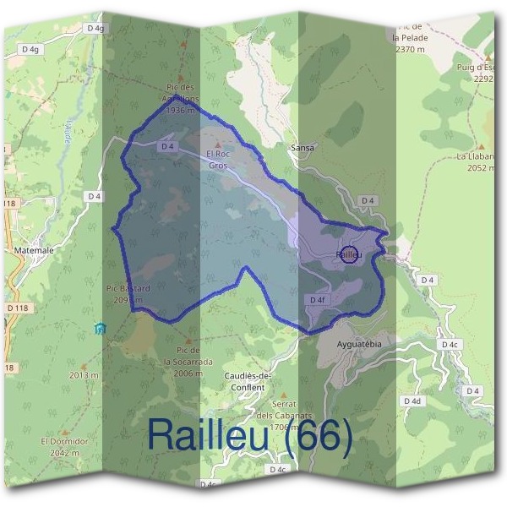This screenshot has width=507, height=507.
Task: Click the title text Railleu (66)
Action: (x=249, y=434)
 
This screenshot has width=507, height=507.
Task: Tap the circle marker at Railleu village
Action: (x=349, y=253)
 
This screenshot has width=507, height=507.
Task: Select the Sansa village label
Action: (x=302, y=147)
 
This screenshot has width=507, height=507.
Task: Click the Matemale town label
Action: (x=35, y=250)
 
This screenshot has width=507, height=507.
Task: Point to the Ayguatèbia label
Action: (x=360, y=345)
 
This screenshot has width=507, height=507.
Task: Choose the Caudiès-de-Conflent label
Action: (x=245, y=382)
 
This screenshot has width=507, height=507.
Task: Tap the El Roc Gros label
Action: (x=218, y=161)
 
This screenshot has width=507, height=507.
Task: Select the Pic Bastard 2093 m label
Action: (x=128, y=293)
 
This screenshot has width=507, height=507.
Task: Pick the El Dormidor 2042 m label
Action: (x=64, y=446)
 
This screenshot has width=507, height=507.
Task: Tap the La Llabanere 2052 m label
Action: (x=478, y=161)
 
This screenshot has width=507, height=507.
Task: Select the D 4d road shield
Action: (x=412, y=401)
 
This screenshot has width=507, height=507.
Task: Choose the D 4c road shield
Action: (x=449, y=345)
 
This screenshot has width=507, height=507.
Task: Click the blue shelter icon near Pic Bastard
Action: (x=101, y=328)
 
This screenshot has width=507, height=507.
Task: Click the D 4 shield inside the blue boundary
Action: (x=166, y=146)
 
